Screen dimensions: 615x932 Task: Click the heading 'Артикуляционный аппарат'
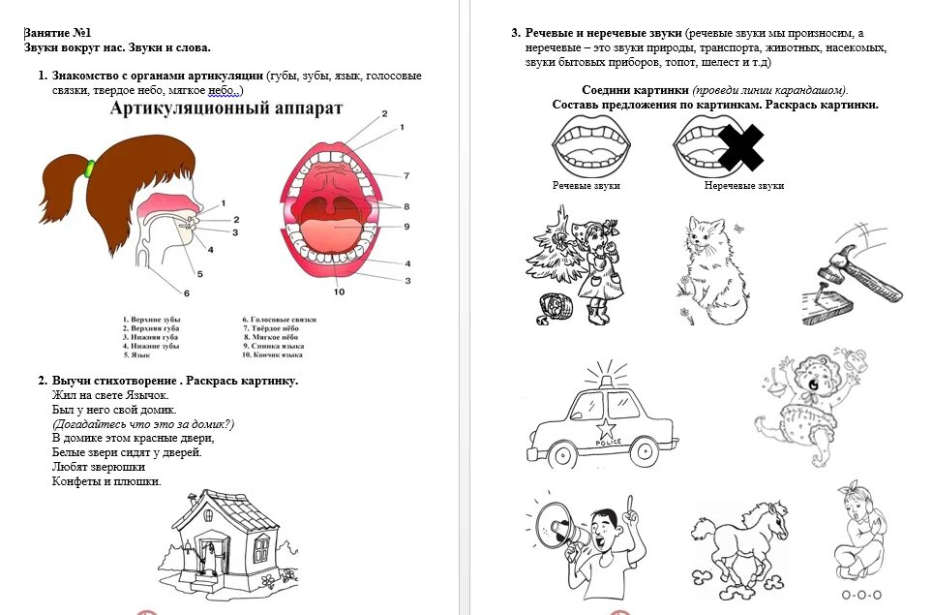[x=225, y=108]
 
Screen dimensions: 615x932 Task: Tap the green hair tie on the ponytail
[x=90, y=169]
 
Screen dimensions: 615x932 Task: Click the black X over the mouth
[x=741, y=146]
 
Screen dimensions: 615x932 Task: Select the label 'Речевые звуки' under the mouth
[x=586, y=185]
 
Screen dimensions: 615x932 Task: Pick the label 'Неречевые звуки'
[x=743, y=185]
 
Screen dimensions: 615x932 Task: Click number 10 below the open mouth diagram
[x=338, y=292]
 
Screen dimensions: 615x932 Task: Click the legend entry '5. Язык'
[x=136, y=354]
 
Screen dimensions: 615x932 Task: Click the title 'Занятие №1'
[x=57, y=33]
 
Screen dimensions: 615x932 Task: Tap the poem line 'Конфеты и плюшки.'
[x=106, y=481]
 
